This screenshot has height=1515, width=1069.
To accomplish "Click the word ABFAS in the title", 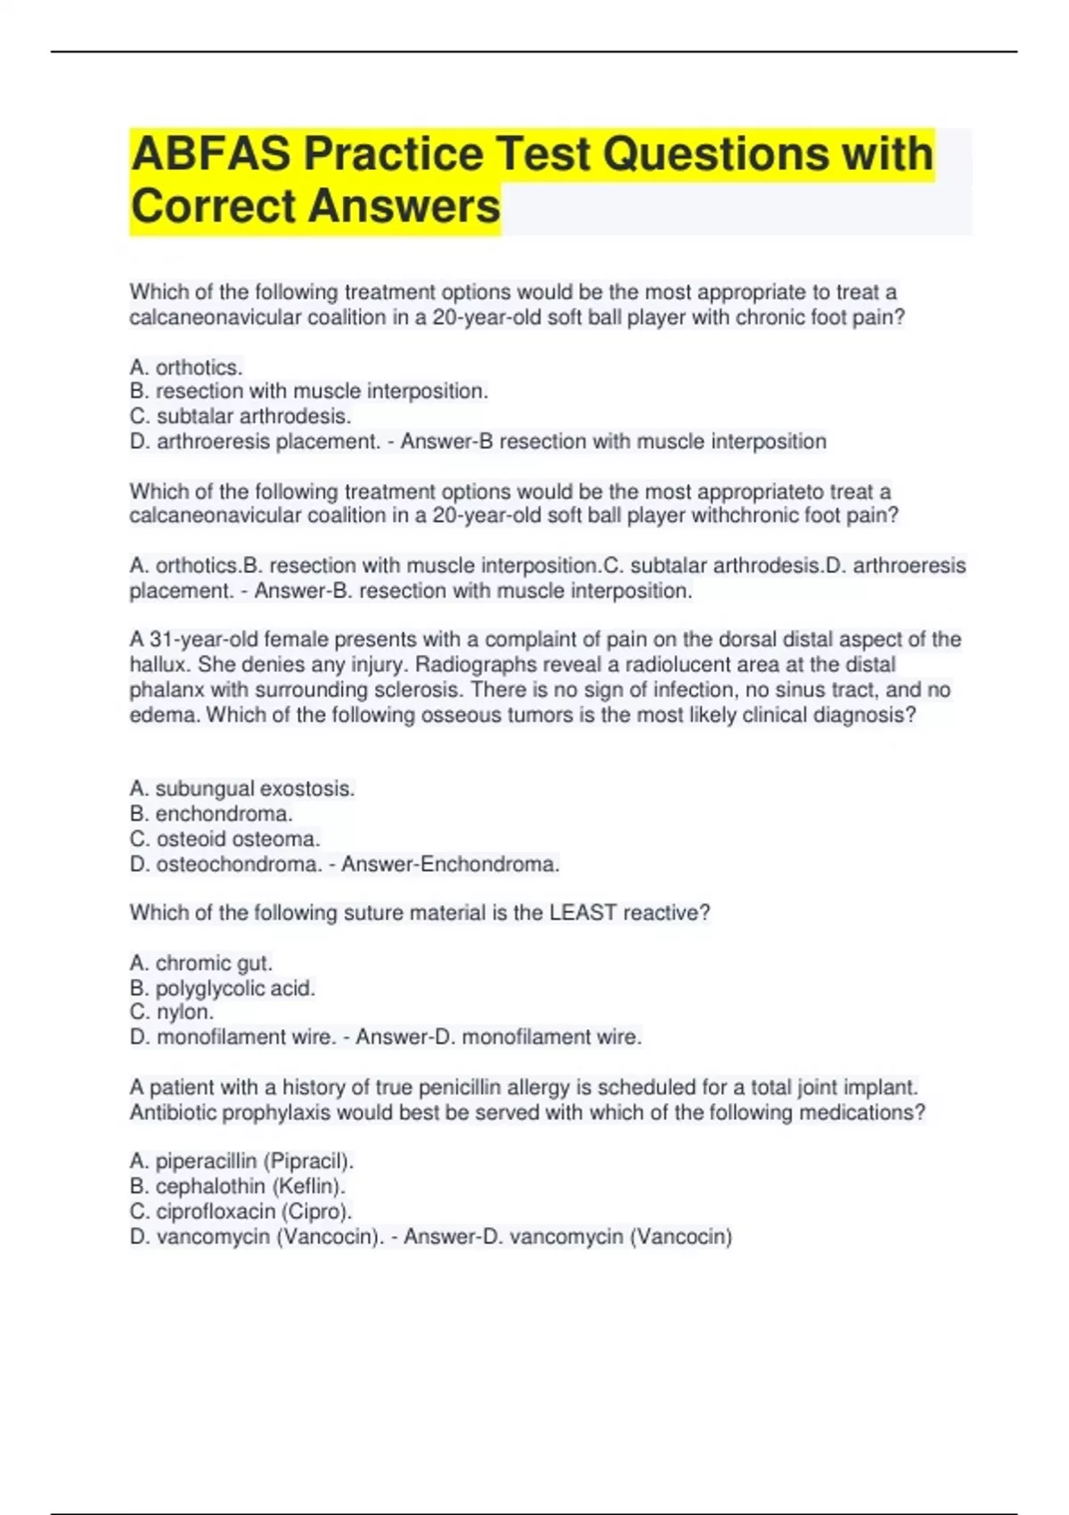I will coord(210,153).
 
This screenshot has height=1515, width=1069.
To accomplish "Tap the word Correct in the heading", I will coord(212,206).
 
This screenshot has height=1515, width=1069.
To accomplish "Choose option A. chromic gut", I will coord(201,963).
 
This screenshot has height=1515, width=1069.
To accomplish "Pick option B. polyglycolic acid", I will coord(223,988).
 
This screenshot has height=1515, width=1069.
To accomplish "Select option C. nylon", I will coord(172,1012).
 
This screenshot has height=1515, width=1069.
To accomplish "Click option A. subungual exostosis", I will coord(242,789).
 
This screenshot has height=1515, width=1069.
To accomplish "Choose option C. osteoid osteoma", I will coord(224,839).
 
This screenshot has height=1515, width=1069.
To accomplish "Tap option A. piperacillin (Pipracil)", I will coord(242,1161).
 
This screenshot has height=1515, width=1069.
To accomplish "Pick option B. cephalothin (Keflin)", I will coord(238,1186).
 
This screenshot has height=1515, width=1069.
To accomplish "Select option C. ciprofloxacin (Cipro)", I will coord(241,1211).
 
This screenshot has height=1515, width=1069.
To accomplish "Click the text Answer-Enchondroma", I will coord(451,864).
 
